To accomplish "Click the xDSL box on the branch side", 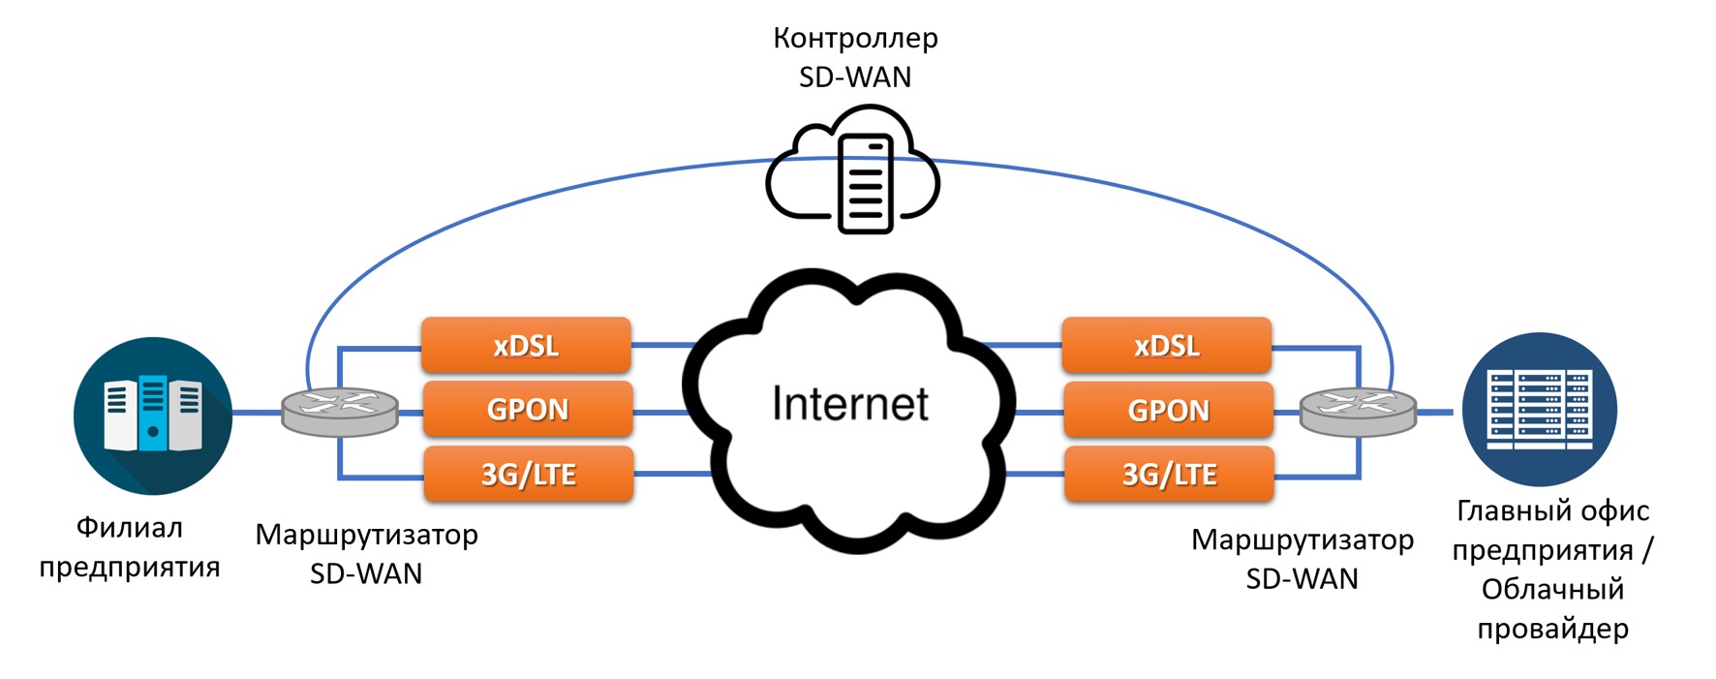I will click(526, 345).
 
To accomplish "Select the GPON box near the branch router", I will click(528, 409).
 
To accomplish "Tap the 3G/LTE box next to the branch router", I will click(529, 474).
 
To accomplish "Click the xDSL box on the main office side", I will click(1166, 345).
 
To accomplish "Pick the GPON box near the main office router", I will click(1168, 410).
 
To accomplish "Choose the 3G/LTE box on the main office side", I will click(1169, 474).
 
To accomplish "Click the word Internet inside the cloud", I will click(849, 404).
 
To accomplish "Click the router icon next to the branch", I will click(339, 412).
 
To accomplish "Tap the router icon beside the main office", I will click(1357, 411).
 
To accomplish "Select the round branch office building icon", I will click(153, 416).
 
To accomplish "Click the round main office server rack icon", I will click(1539, 409).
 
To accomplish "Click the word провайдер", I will click(1552, 629).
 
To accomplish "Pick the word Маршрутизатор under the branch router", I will click(366, 535).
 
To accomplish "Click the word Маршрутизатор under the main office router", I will click(1302, 540).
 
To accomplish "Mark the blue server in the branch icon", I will click(153, 414).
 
